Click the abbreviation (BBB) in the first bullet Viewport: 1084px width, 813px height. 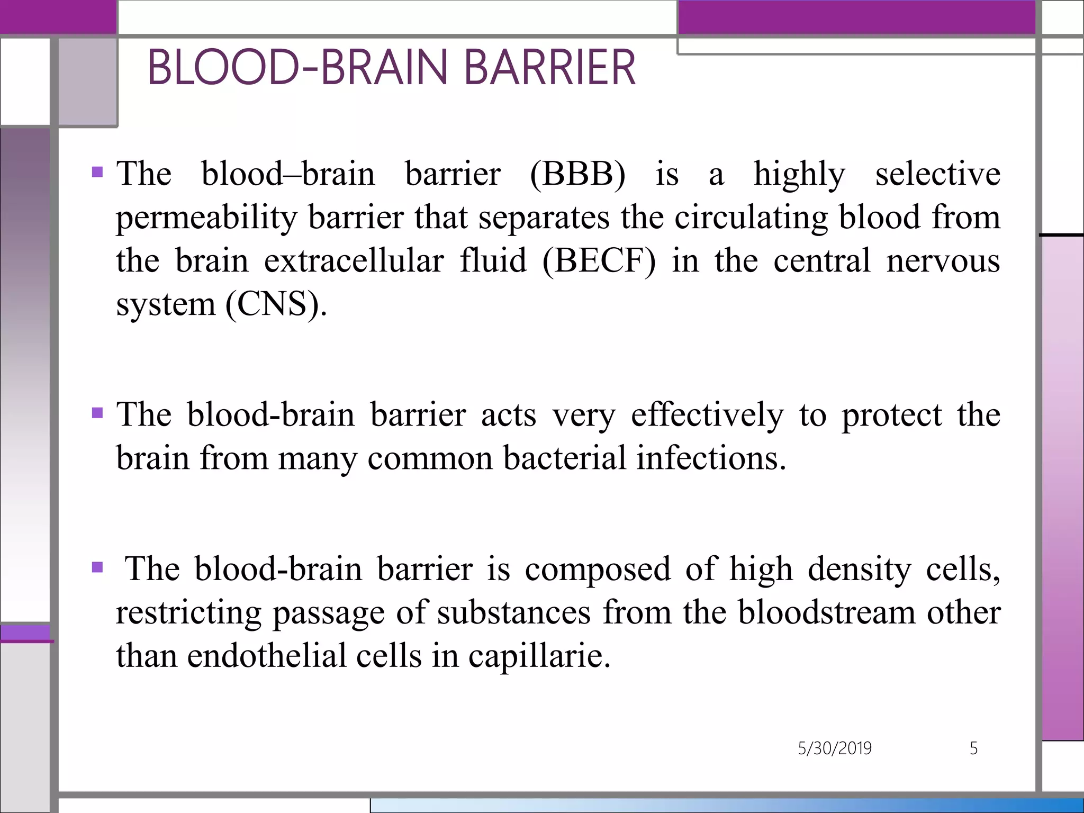tap(577, 174)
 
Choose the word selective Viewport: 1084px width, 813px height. tap(937, 174)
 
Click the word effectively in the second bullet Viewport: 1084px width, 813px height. tap(707, 414)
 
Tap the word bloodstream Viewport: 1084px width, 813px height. tap(827, 613)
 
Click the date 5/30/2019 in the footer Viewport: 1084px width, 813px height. tap(835, 748)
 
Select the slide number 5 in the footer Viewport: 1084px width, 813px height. tap(973, 748)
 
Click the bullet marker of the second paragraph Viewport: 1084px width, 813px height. tap(97, 412)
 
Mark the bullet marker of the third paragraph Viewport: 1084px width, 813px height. tap(97, 567)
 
